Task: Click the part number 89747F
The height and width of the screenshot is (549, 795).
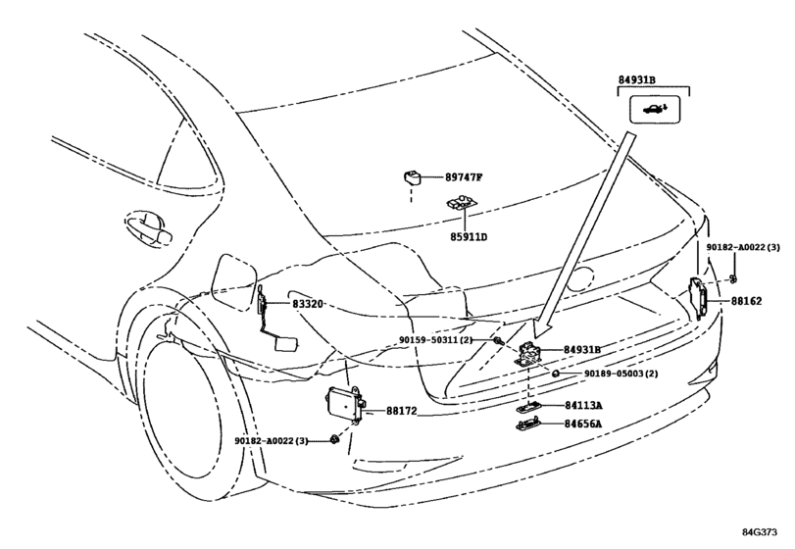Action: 464,177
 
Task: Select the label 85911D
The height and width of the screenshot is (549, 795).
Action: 468,236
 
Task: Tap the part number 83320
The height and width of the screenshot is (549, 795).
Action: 307,304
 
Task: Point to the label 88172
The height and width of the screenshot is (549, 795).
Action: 401,411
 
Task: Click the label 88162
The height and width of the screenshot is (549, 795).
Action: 746,301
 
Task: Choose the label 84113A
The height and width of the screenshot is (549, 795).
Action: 583,406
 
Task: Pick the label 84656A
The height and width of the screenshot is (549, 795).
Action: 583,424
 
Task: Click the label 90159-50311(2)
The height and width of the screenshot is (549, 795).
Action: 435,340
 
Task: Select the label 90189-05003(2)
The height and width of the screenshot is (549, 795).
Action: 621,374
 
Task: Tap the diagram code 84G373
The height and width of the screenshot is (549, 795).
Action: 760,532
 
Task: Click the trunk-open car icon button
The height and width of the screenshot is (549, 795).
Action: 655,109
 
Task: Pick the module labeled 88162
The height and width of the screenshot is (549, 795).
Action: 698,299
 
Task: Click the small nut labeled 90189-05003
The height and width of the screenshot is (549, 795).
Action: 555,374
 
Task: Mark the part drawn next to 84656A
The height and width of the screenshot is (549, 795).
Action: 528,424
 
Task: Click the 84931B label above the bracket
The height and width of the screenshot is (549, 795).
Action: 636,80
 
